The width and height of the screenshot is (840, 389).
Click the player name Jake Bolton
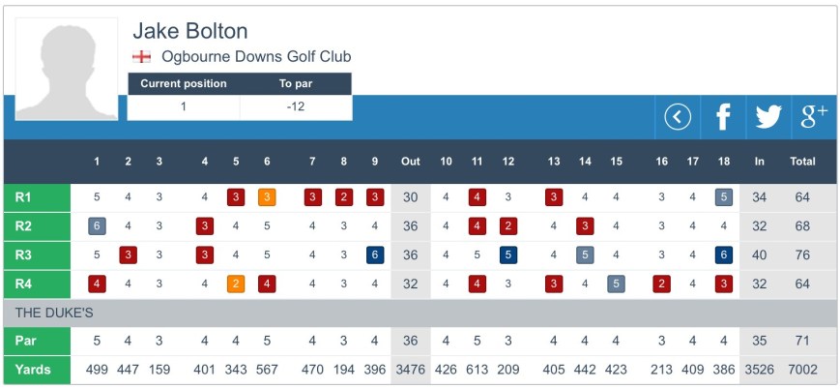point(190,31)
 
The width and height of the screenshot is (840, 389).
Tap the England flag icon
point(141,57)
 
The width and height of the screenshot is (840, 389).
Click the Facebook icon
point(722,117)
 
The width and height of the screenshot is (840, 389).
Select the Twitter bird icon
point(768,117)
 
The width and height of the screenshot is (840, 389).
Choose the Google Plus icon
point(814,117)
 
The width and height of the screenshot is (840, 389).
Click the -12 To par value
point(296,106)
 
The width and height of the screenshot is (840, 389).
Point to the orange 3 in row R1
point(267,197)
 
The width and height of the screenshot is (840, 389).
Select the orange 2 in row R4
point(236,284)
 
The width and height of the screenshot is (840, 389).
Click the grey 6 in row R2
point(97,226)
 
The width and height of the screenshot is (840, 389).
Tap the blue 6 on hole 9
point(375,255)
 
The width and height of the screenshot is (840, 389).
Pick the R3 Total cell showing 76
point(802,255)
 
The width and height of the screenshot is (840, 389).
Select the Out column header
point(411,162)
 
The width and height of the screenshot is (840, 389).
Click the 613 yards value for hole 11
point(477,370)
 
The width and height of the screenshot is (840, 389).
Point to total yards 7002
point(802,370)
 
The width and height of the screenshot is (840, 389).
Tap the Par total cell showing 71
point(802,342)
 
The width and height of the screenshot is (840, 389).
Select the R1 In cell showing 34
point(759,197)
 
